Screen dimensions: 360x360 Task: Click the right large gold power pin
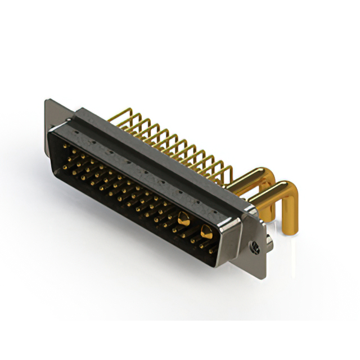pos(206,231)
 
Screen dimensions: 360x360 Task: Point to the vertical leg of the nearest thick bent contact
pos(289,211)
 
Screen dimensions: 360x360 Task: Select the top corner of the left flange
pos(47,101)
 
